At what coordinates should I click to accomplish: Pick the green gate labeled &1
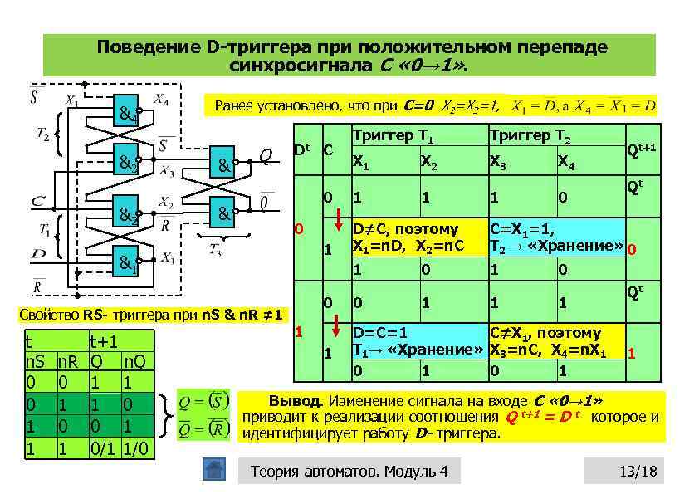click(127, 258)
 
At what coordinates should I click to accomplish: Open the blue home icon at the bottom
click(214, 470)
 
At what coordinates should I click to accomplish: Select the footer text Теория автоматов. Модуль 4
click(349, 472)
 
